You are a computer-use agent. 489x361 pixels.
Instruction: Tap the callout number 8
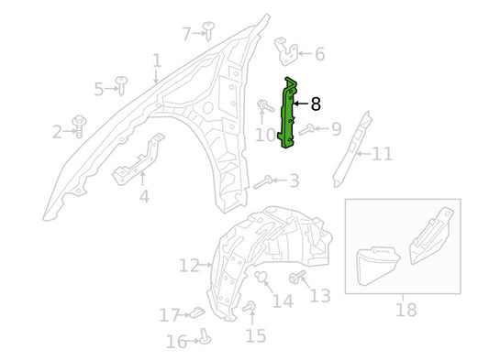[x=316, y=104]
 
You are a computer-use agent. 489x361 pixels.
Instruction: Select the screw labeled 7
[x=208, y=31]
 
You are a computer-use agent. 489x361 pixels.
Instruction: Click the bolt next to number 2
[x=79, y=126]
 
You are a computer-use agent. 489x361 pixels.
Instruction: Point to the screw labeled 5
[x=121, y=85]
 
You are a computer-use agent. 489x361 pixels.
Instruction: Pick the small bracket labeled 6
[x=286, y=51]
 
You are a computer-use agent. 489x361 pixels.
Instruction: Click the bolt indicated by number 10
[x=265, y=105]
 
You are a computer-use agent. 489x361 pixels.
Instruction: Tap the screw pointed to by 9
[x=306, y=129]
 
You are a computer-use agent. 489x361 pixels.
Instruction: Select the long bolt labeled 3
[x=262, y=182]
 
